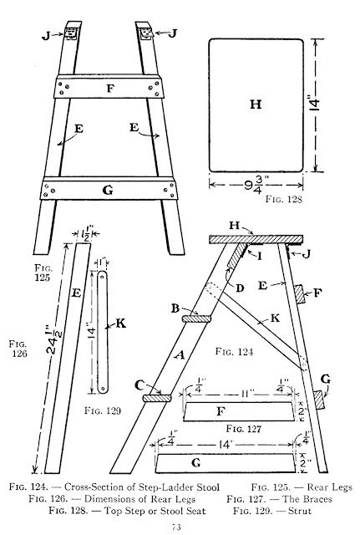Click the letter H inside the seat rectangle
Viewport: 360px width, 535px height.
pyautogui.click(x=256, y=104)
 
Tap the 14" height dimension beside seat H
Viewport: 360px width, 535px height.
pyautogui.click(x=316, y=104)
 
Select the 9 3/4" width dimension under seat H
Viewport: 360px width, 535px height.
pyautogui.click(x=256, y=186)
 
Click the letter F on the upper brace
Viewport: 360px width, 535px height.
pyautogui.click(x=110, y=89)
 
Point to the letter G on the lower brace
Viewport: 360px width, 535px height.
pyautogui.click(x=108, y=190)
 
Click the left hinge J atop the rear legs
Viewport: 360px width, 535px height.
pyautogui.click(x=71, y=33)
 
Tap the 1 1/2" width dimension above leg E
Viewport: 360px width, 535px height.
pyautogui.click(x=85, y=235)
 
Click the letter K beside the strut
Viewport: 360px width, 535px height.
pyautogui.click(x=120, y=324)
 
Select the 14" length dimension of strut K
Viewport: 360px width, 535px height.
pyautogui.click(x=90, y=332)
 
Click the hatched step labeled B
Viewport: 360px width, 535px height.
pyautogui.click(x=196, y=319)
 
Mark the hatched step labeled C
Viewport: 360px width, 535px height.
pyautogui.click(x=157, y=398)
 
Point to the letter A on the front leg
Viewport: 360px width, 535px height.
pyautogui.click(x=180, y=355)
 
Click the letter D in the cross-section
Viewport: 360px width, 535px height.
pyautogui.click(x=240, y=288)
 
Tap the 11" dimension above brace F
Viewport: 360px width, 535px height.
pyautogui.click(x=246, y=394)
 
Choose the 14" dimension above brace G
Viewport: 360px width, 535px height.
pyautogui.click(x=226, y=445)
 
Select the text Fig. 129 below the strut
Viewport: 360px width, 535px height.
pyautogui.click(x=103, y=410)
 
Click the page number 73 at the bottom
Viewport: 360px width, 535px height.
pyautogui.click(x=176, y=527)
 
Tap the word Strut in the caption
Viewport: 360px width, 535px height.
pyautogui.click(x=300, y=511)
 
